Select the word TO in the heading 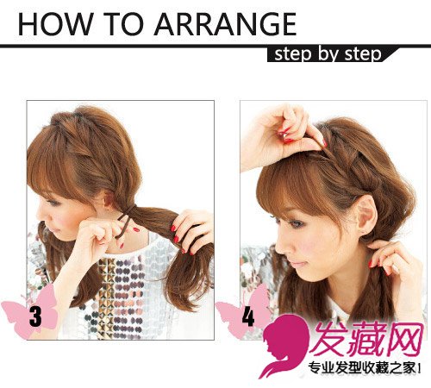point(124,24)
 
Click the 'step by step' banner point(328,54)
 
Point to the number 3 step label point(35,316)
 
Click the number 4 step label point(248,316)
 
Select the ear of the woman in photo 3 point(108,199)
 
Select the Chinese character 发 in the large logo point(330,339)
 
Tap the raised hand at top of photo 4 point(280,135)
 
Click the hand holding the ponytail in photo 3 point(192,231)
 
